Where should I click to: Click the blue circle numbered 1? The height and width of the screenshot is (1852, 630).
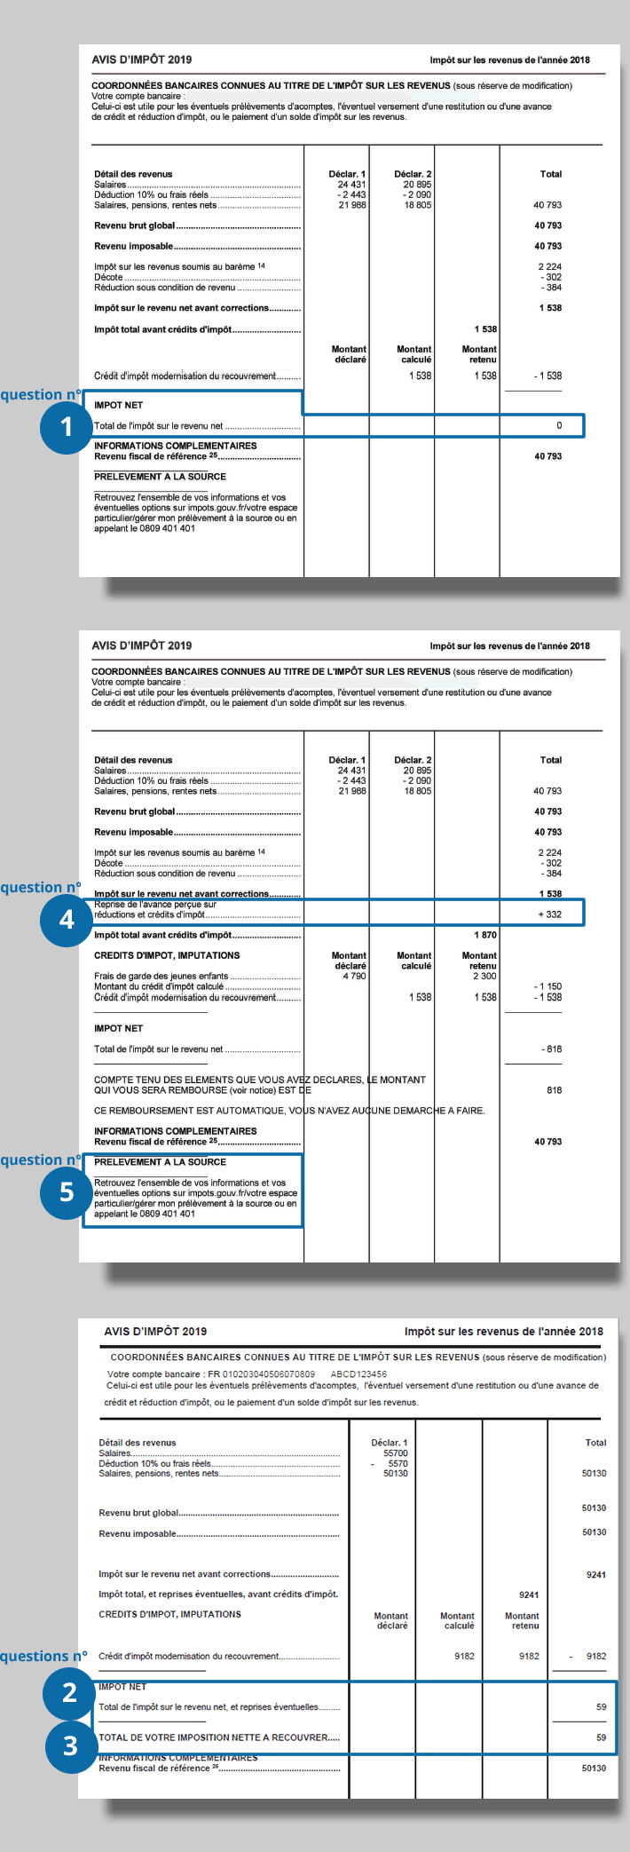66,427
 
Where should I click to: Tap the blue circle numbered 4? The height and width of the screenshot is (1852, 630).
66,920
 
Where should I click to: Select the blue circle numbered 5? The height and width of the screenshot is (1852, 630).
66,1191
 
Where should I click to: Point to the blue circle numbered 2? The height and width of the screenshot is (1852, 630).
70,1693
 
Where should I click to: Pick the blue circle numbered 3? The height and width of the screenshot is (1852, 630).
70,1746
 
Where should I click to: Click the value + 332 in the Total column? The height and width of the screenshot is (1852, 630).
549,914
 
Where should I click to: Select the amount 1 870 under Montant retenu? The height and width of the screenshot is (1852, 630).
484,935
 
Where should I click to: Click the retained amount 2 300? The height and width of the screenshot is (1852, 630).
484,976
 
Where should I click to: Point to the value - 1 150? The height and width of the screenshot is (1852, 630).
547,986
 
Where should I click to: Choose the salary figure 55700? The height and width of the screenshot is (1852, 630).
395,1453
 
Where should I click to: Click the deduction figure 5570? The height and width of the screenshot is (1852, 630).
398,1463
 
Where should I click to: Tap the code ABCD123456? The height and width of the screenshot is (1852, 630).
358,1373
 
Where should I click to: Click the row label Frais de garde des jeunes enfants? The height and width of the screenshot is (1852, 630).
161,976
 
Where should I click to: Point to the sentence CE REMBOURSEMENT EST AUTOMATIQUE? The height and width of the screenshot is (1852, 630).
289,1111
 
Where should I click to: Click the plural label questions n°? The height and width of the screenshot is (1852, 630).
43,1656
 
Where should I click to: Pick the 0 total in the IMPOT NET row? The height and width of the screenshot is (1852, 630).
559,425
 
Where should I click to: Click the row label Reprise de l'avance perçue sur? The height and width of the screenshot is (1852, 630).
155,904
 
